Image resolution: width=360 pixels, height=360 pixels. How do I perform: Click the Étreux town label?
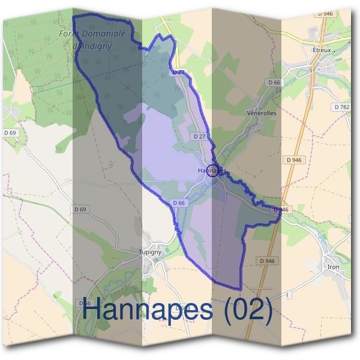click(322, 51)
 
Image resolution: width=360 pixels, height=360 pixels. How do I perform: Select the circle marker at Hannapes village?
click(212, 170)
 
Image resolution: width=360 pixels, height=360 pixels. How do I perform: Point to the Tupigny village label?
click(150, 252)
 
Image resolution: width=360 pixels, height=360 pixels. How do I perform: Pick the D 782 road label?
click(341, 107)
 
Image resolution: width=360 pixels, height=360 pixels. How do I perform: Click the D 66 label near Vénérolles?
click(274, 82)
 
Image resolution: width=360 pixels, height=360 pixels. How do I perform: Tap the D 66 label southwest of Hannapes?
click(179, 203)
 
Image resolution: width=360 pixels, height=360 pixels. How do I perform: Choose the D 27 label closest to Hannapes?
click(200, 136)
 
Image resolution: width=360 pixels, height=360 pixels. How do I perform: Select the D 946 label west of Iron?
click(268, 260)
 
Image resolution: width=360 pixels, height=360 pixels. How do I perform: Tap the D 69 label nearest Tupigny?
click(80, 209)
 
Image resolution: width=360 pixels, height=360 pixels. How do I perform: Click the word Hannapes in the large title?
click(148, 310)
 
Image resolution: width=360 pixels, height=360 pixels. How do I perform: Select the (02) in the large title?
click(247, 310)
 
